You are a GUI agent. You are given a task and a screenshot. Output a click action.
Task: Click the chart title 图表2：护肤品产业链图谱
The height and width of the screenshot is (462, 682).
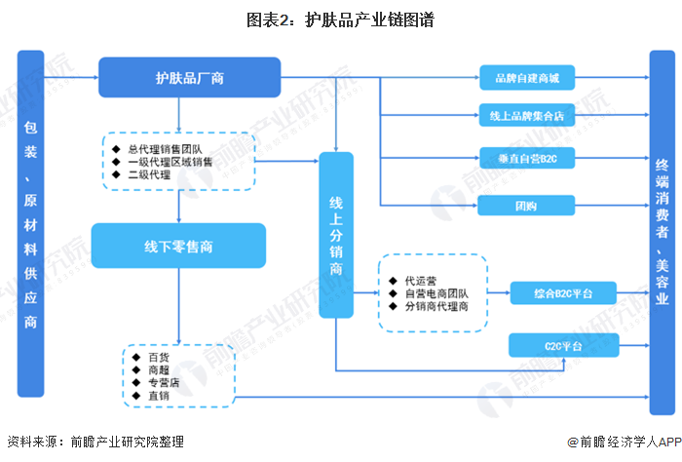[x=340, y=19]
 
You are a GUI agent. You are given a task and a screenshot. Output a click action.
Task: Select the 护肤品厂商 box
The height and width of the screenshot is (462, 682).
[x=189, y=77]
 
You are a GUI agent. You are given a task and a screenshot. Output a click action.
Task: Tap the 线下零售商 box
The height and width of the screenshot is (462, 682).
[x=178, y=246]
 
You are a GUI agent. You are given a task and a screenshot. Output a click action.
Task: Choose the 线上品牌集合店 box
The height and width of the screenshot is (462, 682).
[x=533, y=114]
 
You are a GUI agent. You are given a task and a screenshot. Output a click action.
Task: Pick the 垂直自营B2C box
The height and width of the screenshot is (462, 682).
[x=533, y=157]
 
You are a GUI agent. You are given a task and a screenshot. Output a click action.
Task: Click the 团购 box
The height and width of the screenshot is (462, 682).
[x=533, y=205]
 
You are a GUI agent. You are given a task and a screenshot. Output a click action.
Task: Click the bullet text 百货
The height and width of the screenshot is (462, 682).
[x=158, y=357]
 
